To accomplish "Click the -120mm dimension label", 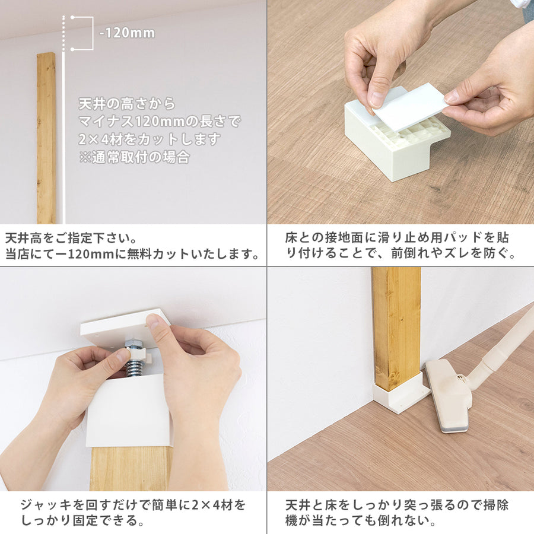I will pyautogui.click(x=126, y=33).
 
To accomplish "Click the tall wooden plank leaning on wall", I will pyautogui.click(x=46, y=138).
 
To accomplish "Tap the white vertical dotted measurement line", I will pyautogui.click(x=64, y=119).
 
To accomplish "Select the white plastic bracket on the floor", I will pyautogui.click(x=389, y=142).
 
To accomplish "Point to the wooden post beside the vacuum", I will pyautogui.click(x=396, y=326).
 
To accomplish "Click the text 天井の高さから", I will pyautogui.click(x=127, y=104).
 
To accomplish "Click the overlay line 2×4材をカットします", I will pyautogui.click(x=150, y=140).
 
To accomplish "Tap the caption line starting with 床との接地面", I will pyautogui.click(x=396, y=238).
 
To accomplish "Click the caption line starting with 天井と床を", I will pyautogui.click(x=396, y=506).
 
